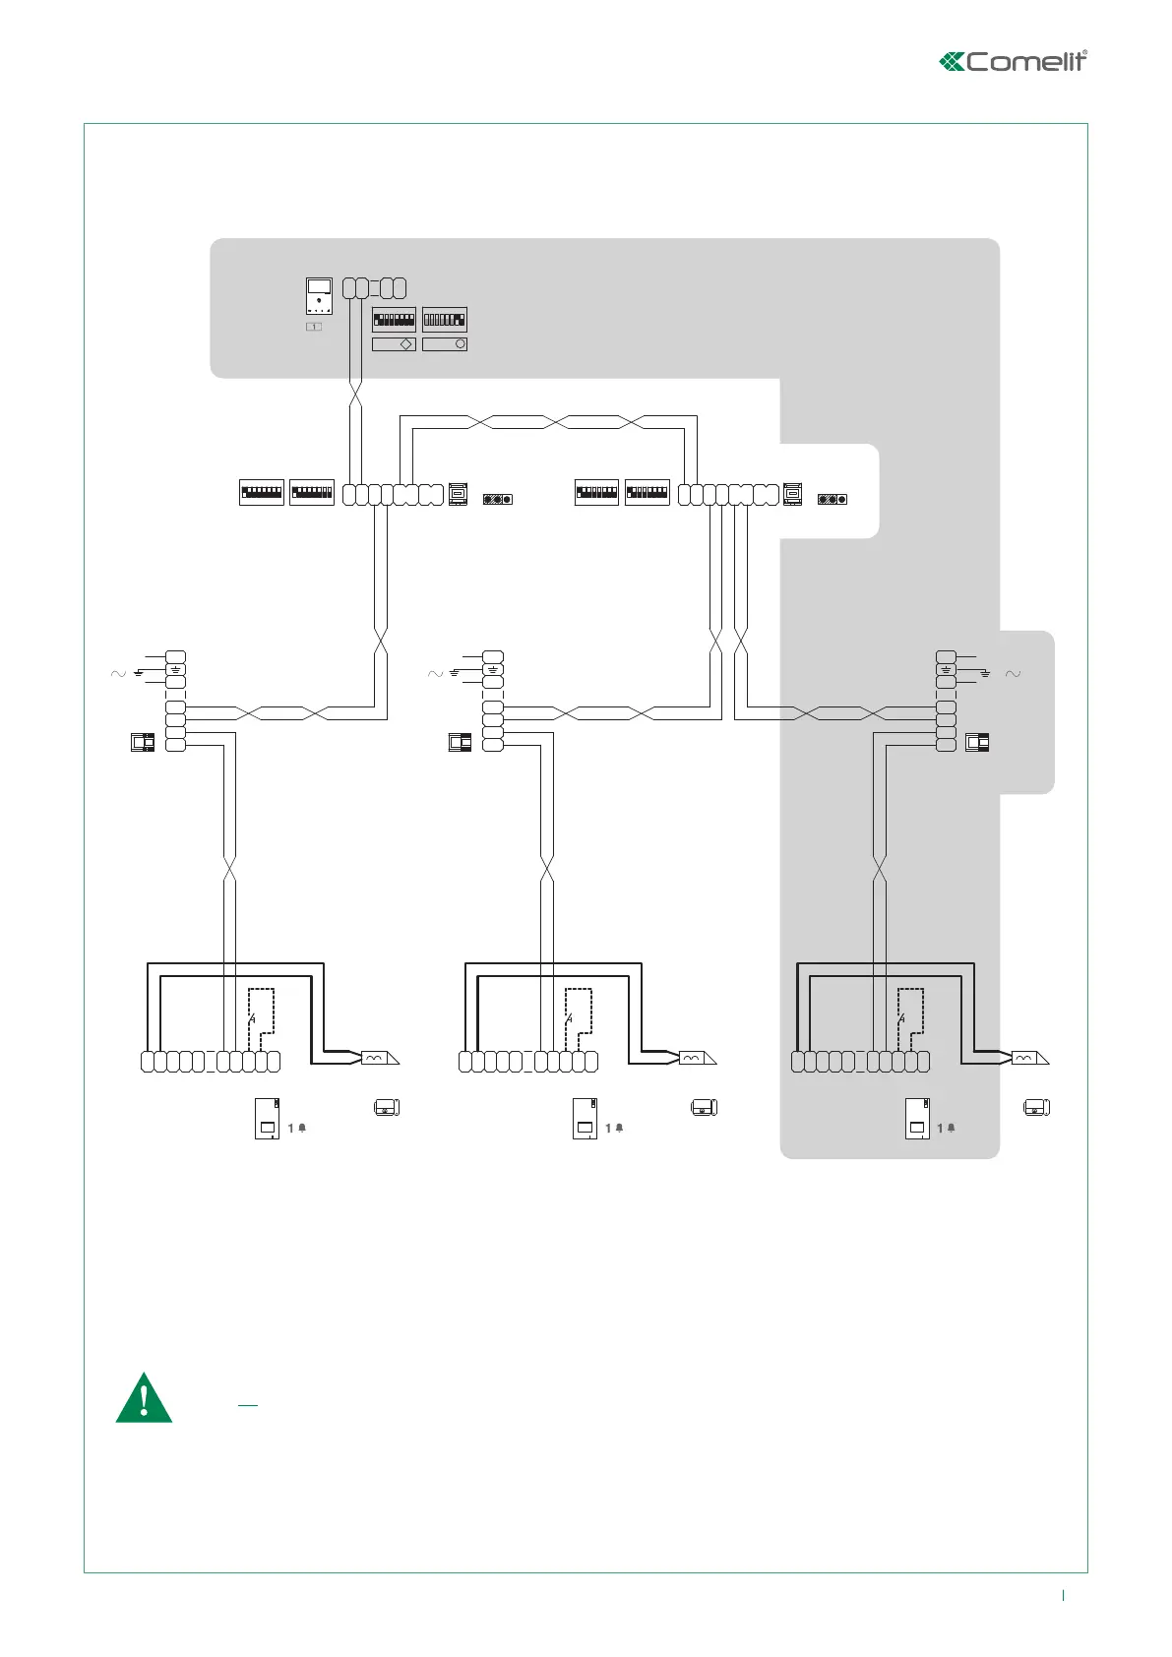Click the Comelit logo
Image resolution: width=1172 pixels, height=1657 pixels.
point(1014,61)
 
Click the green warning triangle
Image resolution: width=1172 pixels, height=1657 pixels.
point(144,1398)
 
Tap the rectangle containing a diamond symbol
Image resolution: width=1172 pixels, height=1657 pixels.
point(394,344)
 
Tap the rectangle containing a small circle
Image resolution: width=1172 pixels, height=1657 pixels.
point(445,344)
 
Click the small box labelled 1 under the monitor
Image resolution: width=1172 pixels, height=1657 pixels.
point(314,326)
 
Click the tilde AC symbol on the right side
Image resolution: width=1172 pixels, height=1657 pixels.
point(1013,674)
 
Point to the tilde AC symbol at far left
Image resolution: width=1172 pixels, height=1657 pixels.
point(118,674)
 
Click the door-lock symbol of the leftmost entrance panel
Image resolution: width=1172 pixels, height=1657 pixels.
point(377,1058)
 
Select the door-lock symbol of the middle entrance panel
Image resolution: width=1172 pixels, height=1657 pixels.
point(694,1058)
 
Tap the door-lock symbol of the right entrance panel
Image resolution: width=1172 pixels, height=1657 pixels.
point(1026,1058)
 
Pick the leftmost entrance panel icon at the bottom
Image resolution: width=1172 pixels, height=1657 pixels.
point(267,1118)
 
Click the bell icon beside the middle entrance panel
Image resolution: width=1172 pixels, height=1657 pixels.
point(619,1128)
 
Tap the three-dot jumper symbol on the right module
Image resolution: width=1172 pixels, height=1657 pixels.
point(833,499)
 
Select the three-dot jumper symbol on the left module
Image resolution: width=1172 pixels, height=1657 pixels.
point(497,499)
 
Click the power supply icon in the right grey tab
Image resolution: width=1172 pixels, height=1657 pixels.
point(977,743)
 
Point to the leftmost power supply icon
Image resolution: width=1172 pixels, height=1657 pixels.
point(144,743)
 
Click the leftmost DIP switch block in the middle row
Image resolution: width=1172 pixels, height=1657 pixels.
point(262,492)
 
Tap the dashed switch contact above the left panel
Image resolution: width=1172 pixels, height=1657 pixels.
point(253,1018)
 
